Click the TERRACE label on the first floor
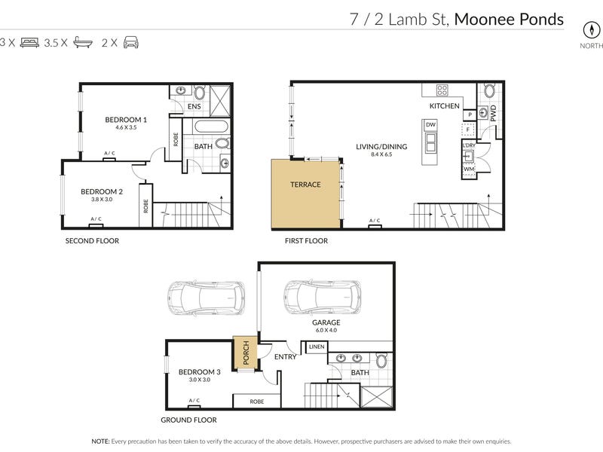(305, 185)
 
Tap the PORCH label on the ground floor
(246, 353)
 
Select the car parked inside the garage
(323, 298)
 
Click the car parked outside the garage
(206, 298)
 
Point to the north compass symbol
(592, 30)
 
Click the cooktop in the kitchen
(442, 90)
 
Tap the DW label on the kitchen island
(430, 124)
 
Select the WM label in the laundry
(469, 169)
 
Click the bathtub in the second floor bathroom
(211, 127)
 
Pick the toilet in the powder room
(489, 91)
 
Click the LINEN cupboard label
(317, 347)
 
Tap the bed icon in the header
(29, 42)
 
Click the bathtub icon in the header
(83, 42)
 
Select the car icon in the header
(130, 42)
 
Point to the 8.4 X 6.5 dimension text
(381, 154)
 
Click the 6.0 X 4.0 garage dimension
(326, 330)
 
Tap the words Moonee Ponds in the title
(509, 20)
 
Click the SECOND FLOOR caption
(92, 240)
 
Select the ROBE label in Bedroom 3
(257, 402)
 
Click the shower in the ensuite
(220, 101)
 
